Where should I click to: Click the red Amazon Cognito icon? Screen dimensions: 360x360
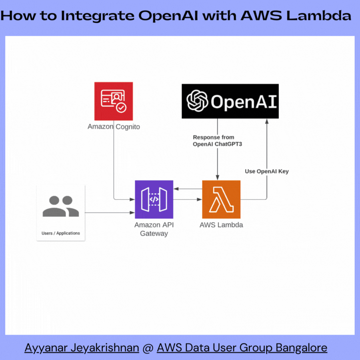click(x=114, y=101)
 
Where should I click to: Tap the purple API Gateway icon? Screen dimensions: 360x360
click(x=154, y=199)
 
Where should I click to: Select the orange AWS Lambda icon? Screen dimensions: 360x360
click(x=221, y=199)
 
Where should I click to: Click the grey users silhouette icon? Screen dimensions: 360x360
click(x=61, y=206)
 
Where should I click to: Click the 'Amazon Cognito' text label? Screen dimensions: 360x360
click(x=114, y=127)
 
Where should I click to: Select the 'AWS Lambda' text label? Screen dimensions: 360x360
click(x=221, y=225)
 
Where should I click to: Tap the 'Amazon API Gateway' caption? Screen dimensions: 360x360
click(x=154, y=229)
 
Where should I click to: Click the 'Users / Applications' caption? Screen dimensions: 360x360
click(x=61, y=233)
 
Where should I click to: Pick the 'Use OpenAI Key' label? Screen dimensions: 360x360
click(x=266, y=171)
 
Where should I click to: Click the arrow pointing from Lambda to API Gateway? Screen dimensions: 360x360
click(x=188, y=188)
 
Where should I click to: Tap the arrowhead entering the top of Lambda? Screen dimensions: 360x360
click(x=217, y=178)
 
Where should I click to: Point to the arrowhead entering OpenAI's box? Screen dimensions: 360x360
click(x=267, y=122)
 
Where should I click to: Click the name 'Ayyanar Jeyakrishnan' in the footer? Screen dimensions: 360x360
click(x=82, y=348)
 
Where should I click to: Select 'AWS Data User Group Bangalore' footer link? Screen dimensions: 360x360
click(x=242, y=348)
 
